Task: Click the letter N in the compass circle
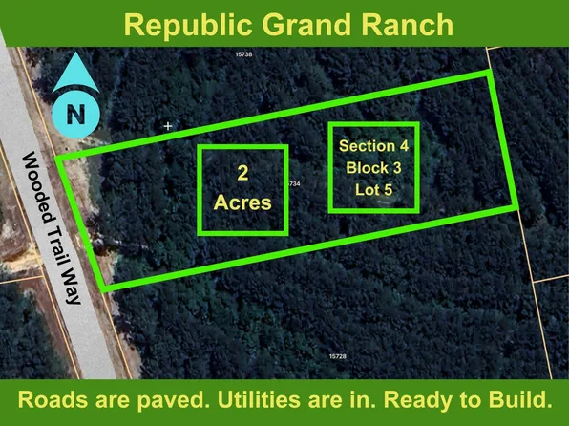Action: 75,115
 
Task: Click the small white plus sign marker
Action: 169,125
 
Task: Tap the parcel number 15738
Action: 243,55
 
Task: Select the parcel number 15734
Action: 293,183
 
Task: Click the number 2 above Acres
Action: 242,174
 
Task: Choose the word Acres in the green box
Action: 242,202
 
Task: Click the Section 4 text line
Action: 373,146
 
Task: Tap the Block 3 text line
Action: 373,168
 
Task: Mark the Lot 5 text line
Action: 373,190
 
